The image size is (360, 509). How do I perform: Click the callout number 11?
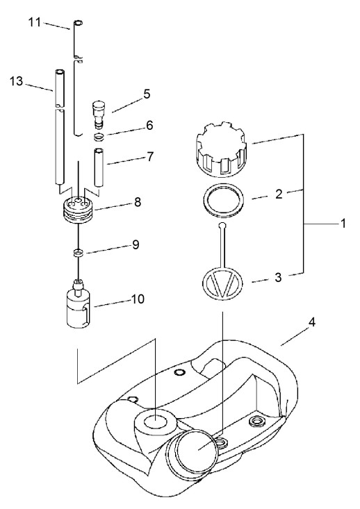pos(35,22)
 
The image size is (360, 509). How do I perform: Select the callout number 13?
pos(16,81)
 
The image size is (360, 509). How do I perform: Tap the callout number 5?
pos(147,94)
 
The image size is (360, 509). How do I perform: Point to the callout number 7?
pos(150,157)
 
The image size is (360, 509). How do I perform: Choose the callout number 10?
pos(138,299)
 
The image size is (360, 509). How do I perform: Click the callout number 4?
pos(311,322)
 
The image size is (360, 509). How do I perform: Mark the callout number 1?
pos(343,224)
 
